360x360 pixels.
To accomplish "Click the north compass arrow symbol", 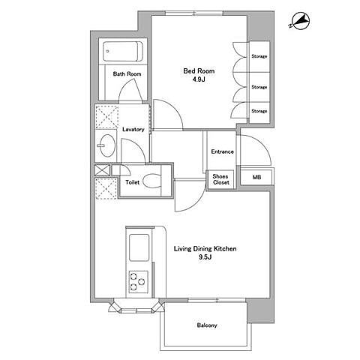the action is coord(301,22).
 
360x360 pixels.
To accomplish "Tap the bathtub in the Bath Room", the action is coord(123,51).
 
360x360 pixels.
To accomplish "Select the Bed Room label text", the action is coord(199,71).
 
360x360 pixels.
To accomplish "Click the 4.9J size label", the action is coord(199,79).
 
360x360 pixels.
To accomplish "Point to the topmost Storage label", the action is coord(259,56).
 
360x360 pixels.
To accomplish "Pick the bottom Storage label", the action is coord(259,111).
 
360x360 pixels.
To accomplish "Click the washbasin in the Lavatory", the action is coord(106,145).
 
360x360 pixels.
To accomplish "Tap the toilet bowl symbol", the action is coord(152,181).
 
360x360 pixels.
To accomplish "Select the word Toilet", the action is coord(133,182).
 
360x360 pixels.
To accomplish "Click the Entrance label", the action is coord(222,151).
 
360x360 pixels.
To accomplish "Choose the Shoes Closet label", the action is coord(220,179).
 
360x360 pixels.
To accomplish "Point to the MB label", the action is coord(256,177).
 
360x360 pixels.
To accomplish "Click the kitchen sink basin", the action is coord(139,247).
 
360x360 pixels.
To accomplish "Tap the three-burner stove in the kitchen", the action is coord(138,282).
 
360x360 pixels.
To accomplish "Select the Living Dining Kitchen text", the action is coord(205,249).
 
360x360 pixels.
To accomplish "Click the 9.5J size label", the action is coord(205,257).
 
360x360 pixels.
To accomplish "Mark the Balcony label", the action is coord(207,325).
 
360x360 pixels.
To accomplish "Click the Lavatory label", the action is coord(133,130).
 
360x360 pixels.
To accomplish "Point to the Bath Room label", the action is coord(127,74).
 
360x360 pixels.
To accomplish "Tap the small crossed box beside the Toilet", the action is coord(103,170).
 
